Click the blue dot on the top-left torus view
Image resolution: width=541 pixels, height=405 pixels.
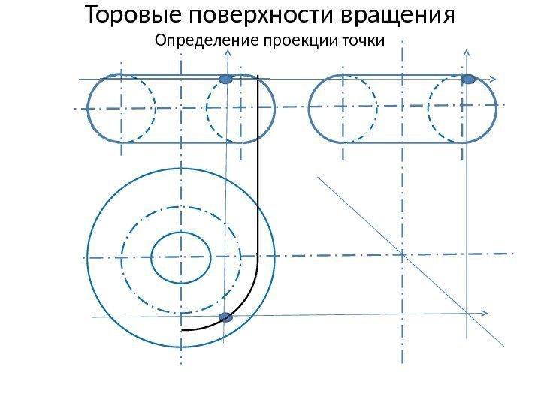pos(225,79)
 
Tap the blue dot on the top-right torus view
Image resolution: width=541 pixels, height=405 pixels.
pos(468,79)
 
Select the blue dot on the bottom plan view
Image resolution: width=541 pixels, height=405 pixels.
pos(225,318)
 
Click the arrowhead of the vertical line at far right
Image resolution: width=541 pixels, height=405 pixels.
pos(467,53)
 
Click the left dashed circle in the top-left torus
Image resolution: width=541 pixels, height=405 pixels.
pos(122,108)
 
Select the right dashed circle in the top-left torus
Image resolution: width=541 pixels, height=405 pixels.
pos(239,108)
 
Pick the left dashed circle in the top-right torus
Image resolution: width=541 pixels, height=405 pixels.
pos(343,108)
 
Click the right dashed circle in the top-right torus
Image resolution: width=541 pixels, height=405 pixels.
pos(461,108)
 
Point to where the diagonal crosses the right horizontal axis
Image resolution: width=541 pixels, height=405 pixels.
pos(403,254)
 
